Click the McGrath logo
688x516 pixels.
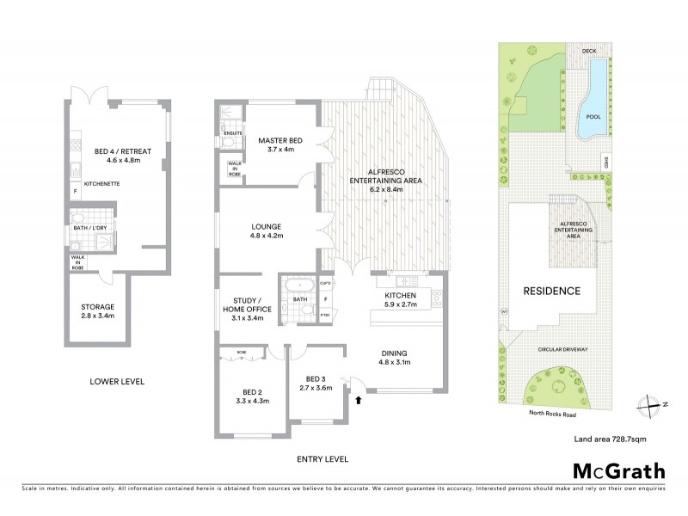pos(618,470)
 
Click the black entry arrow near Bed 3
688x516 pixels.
pos(359,399)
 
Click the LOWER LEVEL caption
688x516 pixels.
pos(117,381)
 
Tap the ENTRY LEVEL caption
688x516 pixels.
pos(322,459)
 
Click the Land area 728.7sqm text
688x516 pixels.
pos(610,439)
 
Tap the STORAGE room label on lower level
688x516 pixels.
pos(97,307)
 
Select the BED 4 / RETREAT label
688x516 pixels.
pos(122,151)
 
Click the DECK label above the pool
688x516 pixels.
pos(589,51)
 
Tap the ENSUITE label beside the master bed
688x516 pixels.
pos(232,133)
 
